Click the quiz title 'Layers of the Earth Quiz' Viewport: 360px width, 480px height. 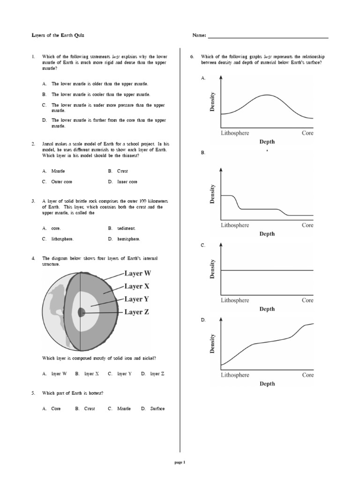[x=58, y=36]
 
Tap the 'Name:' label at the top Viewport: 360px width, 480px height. [x=199, y=36]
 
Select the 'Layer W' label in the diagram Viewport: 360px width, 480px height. [x=137, y=273]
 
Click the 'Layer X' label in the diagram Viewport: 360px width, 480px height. [x=137, y=286]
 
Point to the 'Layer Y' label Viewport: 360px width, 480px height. [x=137, y=299]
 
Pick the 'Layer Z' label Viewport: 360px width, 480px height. [x=137, y=312]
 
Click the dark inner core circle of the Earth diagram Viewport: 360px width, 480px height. [x=82, y=312]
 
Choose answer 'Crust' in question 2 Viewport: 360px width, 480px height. [x=122, y=171]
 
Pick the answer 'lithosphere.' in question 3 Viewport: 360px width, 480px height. [x=63, y=239]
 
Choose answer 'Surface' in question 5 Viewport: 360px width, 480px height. [x=157, y=409]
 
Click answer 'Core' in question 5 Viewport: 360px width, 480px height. [x=56, y=409]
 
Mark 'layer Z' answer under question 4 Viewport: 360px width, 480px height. [x=157, y=374]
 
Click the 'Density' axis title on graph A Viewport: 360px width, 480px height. [x=212, y=102]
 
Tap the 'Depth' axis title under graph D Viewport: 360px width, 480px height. [x=267, y=383]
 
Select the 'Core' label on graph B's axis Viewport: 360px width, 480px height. [x=307, y=225]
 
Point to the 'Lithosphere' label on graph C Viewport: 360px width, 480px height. [x=235, y=300]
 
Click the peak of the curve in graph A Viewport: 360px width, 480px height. [x=267, y=95]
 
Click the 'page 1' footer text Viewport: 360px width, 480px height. [x=180, y=462]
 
